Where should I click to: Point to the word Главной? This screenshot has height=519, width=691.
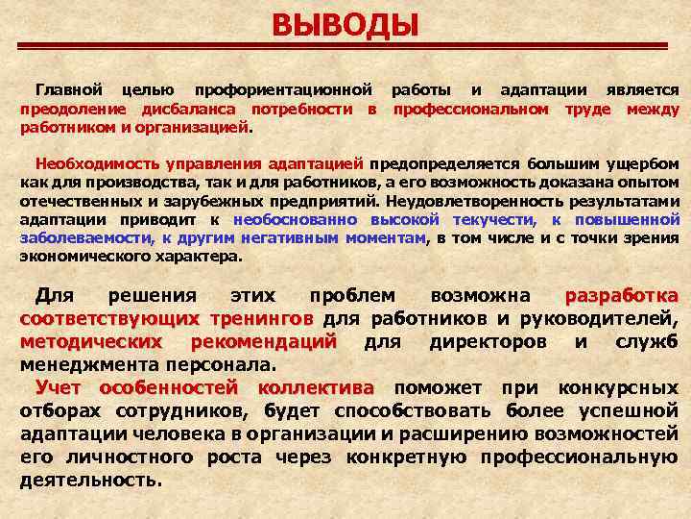pos(68,89)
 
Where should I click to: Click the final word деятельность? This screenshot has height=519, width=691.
pos(90,479)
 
